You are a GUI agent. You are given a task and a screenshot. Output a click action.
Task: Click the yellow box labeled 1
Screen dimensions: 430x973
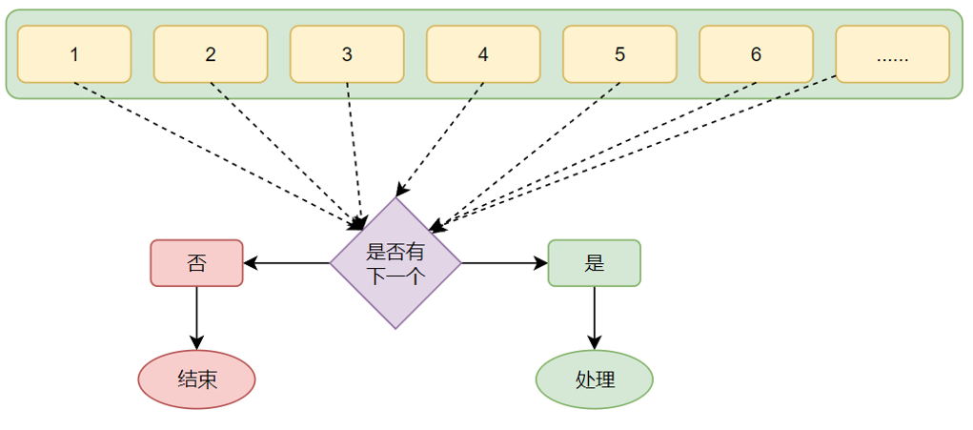[74, 54]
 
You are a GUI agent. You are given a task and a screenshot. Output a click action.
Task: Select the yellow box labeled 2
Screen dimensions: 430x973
[211, 54]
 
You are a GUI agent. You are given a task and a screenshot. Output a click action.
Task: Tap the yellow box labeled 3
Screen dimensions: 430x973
[347, 54]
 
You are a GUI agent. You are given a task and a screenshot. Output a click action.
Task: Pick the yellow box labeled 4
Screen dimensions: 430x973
[483, 54]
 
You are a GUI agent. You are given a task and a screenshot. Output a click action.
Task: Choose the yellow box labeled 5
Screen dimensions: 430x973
[619, 54]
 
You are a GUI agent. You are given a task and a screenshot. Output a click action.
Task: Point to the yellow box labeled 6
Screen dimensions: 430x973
[756, 54]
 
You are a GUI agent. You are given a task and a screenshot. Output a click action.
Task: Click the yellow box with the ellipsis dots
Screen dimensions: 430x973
[892, 54]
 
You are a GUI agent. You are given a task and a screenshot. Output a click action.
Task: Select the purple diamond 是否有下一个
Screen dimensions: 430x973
[395, 263]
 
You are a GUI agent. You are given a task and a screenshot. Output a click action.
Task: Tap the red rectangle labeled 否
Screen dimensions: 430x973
[197, 263]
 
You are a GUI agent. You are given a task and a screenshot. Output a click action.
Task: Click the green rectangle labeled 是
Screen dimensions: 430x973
[594, 263]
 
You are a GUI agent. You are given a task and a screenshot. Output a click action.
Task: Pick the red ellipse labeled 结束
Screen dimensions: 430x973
[197, 379]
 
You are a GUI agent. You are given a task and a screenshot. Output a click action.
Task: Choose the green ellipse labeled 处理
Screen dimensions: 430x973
[595, 379]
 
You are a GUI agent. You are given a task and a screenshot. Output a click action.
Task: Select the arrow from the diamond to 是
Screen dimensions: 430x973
[504, 263]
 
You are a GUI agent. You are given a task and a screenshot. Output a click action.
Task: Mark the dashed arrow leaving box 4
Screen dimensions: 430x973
[440, 139]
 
